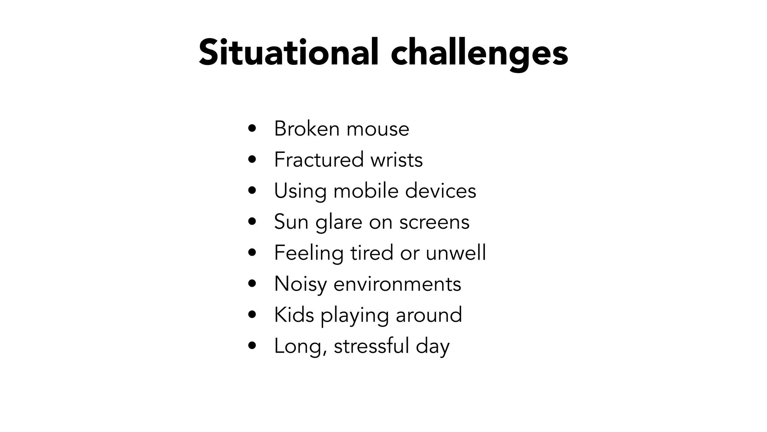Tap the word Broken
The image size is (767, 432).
coord(307,129)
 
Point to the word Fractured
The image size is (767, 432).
coord(319,159)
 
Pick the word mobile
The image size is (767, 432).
coord(366,190)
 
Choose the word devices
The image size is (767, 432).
coord(440,190)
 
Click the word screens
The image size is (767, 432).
coord(434,222)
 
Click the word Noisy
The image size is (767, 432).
coord(300,284)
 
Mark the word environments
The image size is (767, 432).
coord(397,284)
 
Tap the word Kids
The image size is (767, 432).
coord(294,315)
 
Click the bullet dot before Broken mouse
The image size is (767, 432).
coord(252,129)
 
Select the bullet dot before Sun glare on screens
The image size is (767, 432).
coord(252,222)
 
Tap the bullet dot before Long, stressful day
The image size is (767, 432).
coord(252,345)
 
